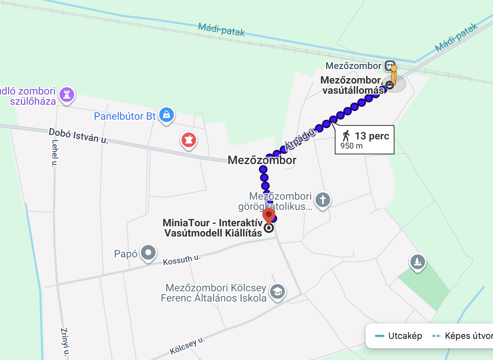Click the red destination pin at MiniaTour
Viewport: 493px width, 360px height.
269,215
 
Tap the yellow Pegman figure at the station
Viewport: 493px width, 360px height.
394,75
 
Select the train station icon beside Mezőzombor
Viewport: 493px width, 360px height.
390,66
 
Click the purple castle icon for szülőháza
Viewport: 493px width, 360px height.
67,95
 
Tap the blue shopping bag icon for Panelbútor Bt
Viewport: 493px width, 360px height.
167,115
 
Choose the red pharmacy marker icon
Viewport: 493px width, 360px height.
189,140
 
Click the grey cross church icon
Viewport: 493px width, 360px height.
322,200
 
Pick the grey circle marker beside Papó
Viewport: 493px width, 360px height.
148,252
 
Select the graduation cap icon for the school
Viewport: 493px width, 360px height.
278,292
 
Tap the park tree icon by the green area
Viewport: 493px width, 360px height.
417,262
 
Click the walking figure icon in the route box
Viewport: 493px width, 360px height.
346,136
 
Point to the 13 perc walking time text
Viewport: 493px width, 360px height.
372,136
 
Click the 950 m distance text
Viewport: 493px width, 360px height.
351,146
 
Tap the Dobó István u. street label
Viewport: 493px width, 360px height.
79,136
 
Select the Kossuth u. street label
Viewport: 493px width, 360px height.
181,260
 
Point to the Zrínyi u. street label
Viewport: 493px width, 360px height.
65,342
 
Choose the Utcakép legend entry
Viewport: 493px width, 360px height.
405,336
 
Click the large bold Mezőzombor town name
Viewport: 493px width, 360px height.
262,160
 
